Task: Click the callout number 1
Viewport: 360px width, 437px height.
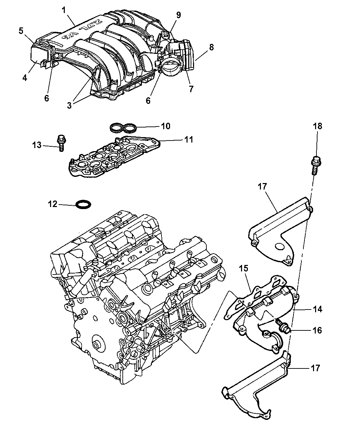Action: tap(64, 10)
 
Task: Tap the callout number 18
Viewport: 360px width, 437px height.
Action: tap(317, 126)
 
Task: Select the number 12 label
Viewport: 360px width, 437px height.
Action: tap(52, 204)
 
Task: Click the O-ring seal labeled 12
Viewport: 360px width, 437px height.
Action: tap(83, 205)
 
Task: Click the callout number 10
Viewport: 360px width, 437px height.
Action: tap(166, 126)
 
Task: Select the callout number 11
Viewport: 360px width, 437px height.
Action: tap(189, 139)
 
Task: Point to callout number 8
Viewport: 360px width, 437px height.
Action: tap(211, 47)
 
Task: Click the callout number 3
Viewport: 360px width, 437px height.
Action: tap(69, 105)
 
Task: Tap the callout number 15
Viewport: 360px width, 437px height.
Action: tap(243, 268)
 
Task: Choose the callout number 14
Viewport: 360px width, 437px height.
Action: tap(317, 309)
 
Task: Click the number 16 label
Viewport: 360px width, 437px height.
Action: tap(317, 330)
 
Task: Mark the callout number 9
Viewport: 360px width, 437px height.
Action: tap(178, 15)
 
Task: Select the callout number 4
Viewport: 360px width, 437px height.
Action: tap(25, 78)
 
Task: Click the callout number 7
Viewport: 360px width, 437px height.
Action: tap(191, 89)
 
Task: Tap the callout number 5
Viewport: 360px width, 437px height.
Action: tap(21, 31)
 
